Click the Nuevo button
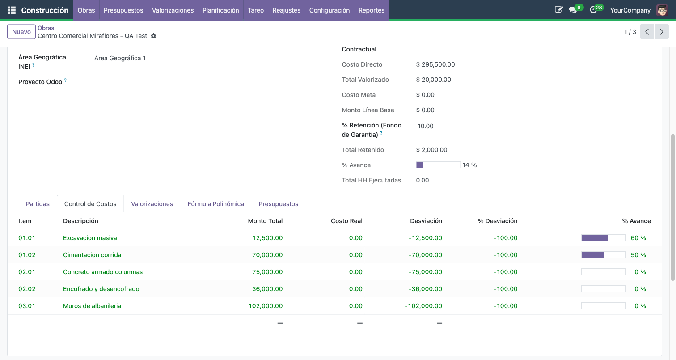coord(21,32)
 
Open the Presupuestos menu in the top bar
coord(123,10)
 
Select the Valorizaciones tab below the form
coord(152,204)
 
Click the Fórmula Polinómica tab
coord(215,204)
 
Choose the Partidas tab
coord(38,204)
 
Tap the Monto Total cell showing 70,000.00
coord(267,255)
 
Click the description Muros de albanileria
coord(92,306)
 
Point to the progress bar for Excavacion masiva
coord(603,238)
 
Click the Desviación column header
coord(426,221)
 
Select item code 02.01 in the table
coord(27,272)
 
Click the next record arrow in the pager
coord(661,32)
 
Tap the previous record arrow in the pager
coord(647,32)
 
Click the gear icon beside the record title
coord(153,36)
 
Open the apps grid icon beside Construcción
coord(12,10)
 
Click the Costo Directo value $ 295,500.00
coord(435,64)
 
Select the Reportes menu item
coord(371,10)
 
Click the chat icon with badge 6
coord(573,10)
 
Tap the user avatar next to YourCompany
coord(662,10)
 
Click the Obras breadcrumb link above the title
coord(46,28)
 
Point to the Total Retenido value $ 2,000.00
coord(431,150)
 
